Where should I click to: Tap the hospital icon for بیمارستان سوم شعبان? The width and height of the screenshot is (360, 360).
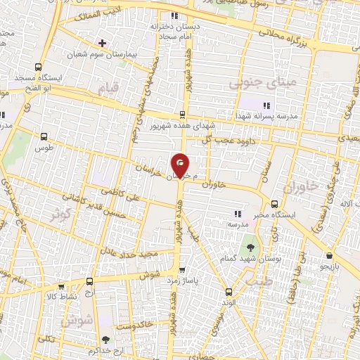103,42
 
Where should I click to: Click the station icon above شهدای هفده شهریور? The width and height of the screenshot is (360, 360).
182,115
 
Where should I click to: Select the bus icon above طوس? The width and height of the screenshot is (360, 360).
44,137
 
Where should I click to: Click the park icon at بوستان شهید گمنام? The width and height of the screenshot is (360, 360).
250,247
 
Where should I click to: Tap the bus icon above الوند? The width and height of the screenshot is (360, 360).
228,292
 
